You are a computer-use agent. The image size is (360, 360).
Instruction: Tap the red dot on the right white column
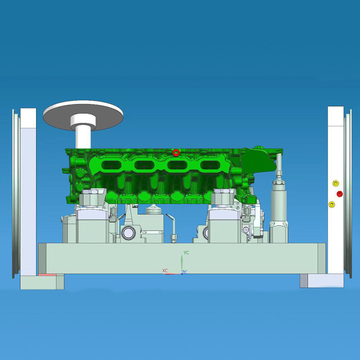(x=340, y=194)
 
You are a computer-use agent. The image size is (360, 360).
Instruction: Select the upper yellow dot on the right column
(x=336, y=183)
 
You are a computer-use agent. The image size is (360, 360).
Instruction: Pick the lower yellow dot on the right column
(x=332, y=204)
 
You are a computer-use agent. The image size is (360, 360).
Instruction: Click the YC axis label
(x=186, y=252)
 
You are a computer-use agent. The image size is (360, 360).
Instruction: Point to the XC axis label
(x=165, y=270)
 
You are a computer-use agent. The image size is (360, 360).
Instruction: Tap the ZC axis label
(x=184, y=272)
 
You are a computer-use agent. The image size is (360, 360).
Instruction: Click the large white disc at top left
(x=83, y=115)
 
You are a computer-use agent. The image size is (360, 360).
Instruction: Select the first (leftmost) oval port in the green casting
(x=111, y=165)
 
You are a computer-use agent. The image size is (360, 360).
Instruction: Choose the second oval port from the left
(x=144, y=165)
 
